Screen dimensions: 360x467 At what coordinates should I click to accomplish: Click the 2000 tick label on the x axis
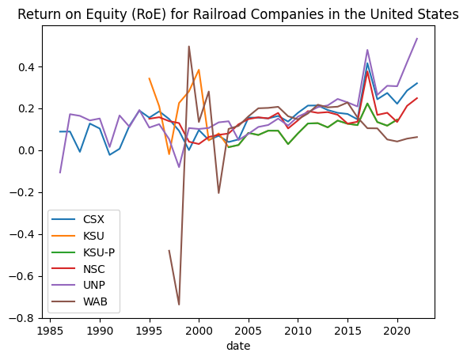coord(199,330)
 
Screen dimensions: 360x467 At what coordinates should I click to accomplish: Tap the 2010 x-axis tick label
coord(298,330)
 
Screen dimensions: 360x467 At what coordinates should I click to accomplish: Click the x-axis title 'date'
coord(237,346)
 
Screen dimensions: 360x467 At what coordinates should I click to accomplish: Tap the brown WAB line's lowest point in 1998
coord(179,305)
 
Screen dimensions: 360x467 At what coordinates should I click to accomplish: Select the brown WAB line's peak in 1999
coord(188,47)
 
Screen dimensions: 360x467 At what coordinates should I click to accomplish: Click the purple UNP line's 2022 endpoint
coord(417,39)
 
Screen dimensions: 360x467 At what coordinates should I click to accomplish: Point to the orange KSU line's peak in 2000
coord(199,70)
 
